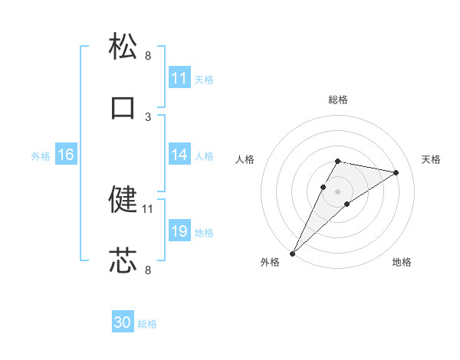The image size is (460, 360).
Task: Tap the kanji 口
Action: pos(123,107)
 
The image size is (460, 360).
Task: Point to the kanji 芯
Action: pos(123,260)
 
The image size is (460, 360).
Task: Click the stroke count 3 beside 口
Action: pos(148,117)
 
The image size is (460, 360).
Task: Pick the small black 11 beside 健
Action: pos(148,208)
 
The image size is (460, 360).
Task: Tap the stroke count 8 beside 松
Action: pos(148,56)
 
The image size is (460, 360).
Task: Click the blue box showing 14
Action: pos(179,155)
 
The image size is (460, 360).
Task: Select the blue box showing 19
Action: pos(179,231)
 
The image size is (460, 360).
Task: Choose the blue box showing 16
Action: pos(65,155)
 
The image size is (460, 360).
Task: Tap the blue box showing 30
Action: pos(122,322)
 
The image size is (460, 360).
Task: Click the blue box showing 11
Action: pos(179,78)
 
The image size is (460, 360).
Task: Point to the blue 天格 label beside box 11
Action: pos(204,80)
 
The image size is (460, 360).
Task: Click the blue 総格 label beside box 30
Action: pos(147,324)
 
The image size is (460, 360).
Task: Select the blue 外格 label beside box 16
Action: pos(41,156)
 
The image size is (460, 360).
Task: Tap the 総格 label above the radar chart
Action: pos(338,100)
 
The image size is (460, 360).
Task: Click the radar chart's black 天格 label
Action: pos(432,159)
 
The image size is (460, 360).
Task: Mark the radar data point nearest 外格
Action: pos(292,254)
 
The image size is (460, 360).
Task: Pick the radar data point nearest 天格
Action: pos(396,172)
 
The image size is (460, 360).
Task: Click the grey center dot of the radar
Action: pos(338,191)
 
